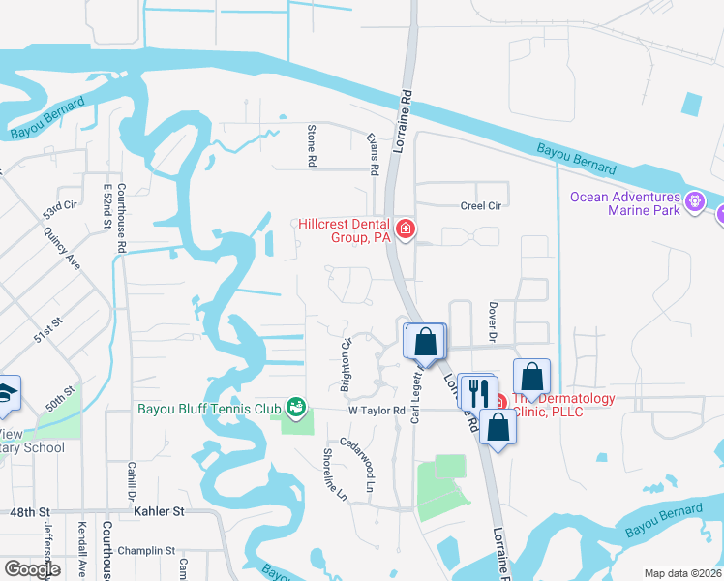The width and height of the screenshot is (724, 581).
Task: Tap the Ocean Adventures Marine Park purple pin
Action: [693, 202]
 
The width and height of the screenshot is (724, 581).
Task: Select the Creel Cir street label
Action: [481, 206]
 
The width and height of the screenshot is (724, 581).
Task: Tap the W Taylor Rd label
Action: [376, 411]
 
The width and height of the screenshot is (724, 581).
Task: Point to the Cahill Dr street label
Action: [131, 481]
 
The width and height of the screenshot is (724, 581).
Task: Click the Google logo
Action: [32, 569]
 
